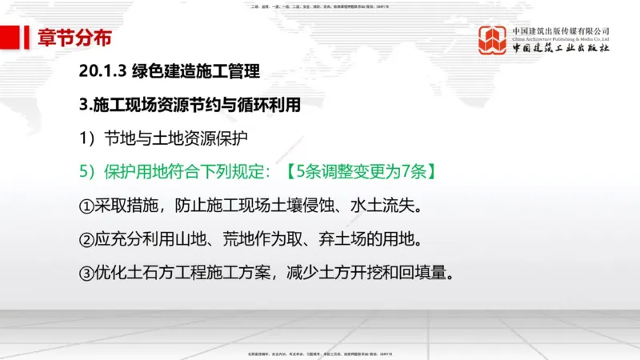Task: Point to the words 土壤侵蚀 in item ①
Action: pos(302,206)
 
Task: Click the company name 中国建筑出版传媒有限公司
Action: pos(561,31)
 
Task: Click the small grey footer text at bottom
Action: pos(319,353)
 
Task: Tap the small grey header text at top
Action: pos(319,6)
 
